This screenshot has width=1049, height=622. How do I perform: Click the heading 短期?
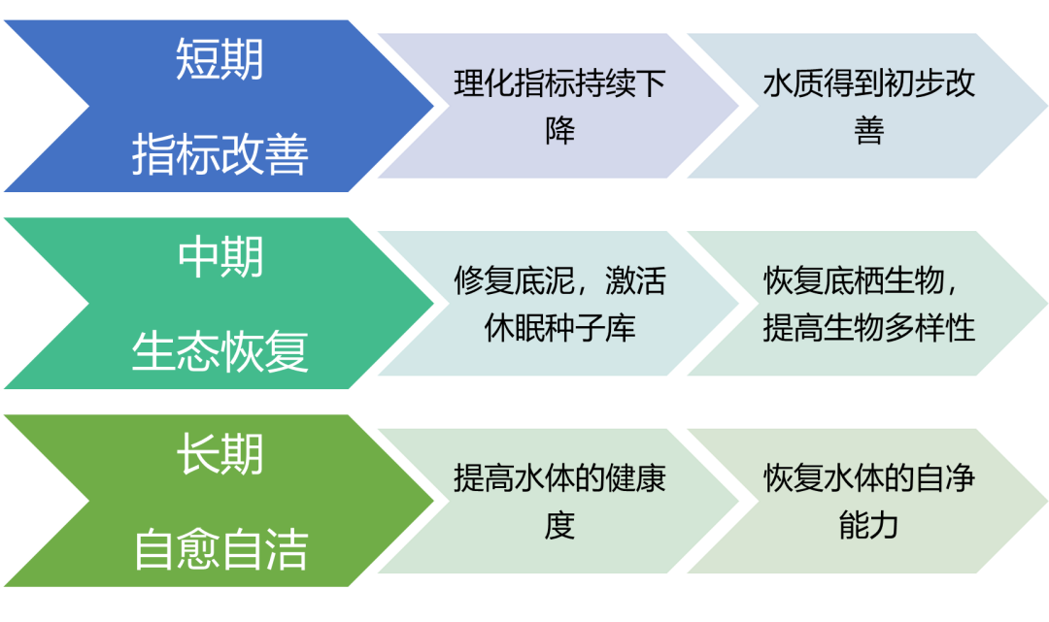pos(220,59)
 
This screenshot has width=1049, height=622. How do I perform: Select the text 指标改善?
pos(220,154)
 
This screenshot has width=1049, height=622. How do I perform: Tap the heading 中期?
pos(220,258)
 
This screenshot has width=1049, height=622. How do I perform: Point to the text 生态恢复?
pos(220,351)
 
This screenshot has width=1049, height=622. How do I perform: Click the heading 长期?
pos(220,454)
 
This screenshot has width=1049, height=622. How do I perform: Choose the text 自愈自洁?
pos(220,549)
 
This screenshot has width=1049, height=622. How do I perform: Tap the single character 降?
pos(559,130)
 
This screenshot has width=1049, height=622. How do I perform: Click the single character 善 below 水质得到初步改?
pos(869,130)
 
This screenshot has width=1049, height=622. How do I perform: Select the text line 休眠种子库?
pos(559,328)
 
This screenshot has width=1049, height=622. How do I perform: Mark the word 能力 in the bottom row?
pos(869,526)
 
